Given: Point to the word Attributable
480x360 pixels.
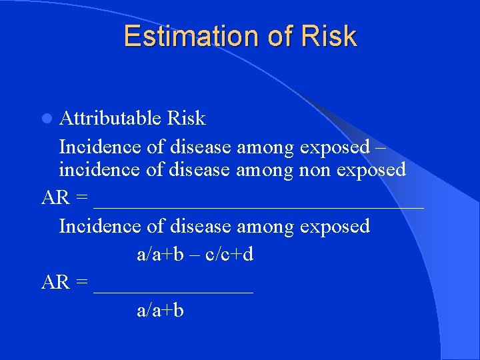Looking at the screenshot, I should (110, 119).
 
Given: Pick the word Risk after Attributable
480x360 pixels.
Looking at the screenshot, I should (186, 119).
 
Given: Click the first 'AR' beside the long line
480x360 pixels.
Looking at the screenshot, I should (55, 197).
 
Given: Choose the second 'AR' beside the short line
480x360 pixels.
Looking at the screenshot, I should (55, 282).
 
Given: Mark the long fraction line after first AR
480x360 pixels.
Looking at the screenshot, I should (259, 207).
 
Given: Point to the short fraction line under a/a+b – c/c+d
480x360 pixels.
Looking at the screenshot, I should (174, 292).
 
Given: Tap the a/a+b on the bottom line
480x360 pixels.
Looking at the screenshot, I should (160, 310).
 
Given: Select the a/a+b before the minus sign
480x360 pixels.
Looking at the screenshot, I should (160, 254).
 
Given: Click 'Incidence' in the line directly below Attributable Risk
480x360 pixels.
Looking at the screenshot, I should (101, 145).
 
